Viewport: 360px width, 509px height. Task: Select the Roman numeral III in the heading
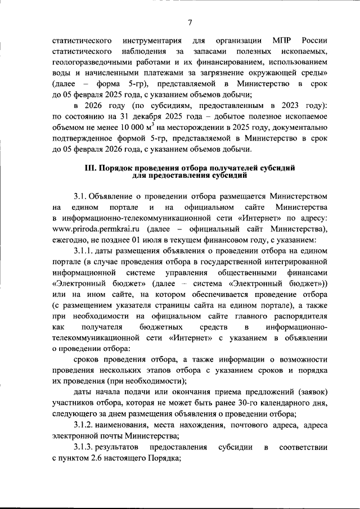(x=91, y=168)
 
